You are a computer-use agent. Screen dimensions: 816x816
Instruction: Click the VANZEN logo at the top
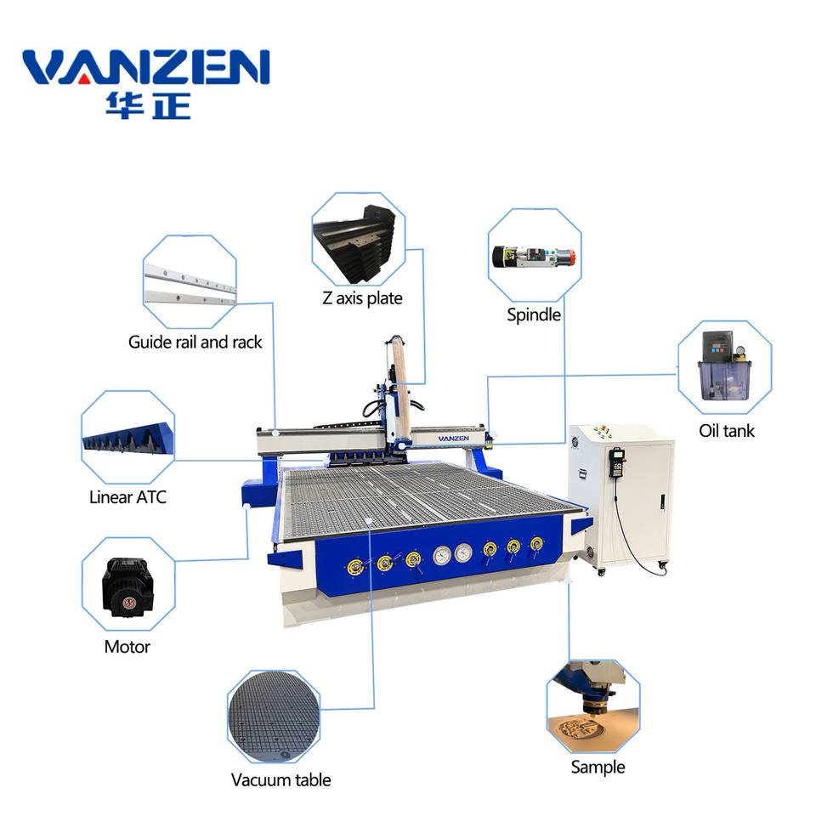click(x=145, y=68)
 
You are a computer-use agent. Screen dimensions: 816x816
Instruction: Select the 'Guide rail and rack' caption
click(x=195, y=343)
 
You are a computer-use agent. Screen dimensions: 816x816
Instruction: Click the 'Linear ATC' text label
click(x=127, y=497)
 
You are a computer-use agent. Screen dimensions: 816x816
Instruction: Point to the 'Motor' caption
click(x=127, y=647)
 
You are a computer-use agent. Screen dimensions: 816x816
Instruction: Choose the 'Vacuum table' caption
click(x=280, y=779)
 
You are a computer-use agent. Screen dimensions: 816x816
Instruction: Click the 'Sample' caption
click(x=598, y=767)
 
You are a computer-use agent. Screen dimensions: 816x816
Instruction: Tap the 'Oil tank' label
click(x=726, y=431)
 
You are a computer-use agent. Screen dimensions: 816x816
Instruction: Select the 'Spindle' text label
click(x=534, y=314)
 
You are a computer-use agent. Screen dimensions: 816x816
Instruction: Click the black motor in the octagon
click(x=127, y=586)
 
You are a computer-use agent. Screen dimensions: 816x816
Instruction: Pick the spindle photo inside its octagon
click(x=535, y=255)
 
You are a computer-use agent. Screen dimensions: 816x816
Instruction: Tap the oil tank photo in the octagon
click(x=724, y=367)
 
